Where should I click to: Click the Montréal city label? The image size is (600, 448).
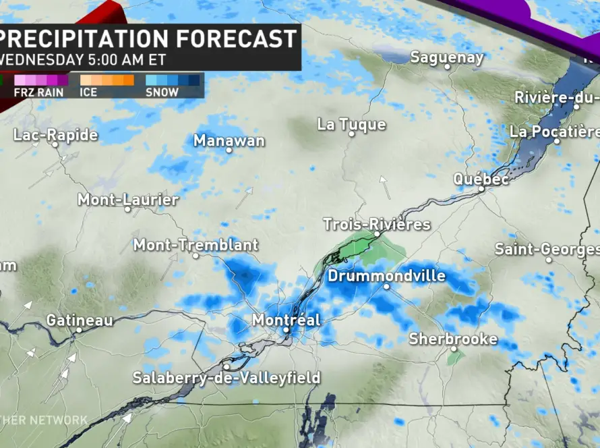(x=286, y=320)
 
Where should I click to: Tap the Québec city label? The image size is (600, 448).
(x=481, y=179)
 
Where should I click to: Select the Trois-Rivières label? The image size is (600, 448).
(x=376, y=224)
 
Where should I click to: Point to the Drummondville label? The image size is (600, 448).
(x=386, y=276)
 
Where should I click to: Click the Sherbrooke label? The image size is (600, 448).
(x=453, y=339)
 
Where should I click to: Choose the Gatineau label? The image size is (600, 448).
(x=80, y=320)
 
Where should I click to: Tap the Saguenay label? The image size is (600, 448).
(x=447, y=57)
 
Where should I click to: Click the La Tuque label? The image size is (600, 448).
(x=351, y=124)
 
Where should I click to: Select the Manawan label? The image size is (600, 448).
(x=229, y=140)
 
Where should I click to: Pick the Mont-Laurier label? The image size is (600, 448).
(x=128, y=200)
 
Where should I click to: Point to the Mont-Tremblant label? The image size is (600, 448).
(x=196, y=245)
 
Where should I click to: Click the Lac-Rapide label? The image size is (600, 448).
(x=55, y=135)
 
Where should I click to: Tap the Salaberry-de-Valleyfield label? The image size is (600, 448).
(x=226, y=378)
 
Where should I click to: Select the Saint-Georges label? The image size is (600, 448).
(x=547, y=249)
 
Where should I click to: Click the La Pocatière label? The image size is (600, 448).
(x=554, y=131)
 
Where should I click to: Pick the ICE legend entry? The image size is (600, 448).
(x=88, y=92)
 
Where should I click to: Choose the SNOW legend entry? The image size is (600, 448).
(x=162, y=92)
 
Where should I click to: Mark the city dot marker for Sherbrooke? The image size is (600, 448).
(x=454, y=349)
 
